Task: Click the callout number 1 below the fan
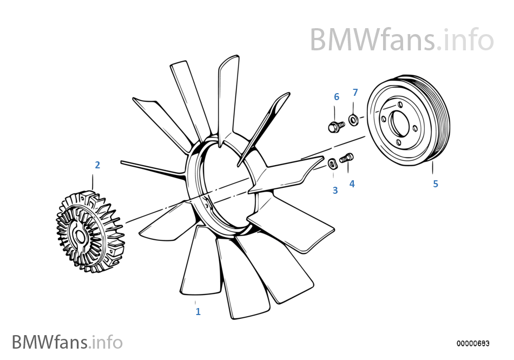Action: click(198, 311)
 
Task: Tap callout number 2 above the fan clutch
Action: click(97, 165)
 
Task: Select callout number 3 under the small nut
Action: click(335, 191)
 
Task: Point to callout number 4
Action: click(352, 184)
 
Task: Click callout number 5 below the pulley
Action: click(436, 184)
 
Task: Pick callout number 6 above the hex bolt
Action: click(337, 97)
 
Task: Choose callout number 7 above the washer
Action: click(355, 93)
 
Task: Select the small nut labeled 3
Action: click(332, 164)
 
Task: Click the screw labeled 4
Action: click(347, 158)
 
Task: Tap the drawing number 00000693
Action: click(473, 343)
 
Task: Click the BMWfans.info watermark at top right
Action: click(401, 40)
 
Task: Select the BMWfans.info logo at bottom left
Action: click(67, 342)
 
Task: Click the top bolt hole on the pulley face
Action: click(400, 104)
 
